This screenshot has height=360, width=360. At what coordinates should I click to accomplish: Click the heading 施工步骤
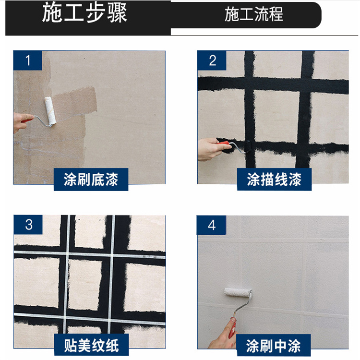pos(84,13)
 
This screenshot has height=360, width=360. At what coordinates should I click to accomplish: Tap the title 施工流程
pos(254,14)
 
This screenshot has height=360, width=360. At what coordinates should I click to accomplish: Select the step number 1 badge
pos(27,60)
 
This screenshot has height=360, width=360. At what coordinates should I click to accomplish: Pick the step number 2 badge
pos(212,60)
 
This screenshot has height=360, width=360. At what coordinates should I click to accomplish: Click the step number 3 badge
pos(28,225)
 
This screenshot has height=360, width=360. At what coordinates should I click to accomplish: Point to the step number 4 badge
pos(211,225)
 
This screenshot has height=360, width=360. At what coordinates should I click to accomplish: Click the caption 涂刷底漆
pos(91,180)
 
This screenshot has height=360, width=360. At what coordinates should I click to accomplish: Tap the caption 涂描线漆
pos(274,180)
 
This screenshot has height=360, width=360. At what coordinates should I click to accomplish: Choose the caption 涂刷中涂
pos(273,346)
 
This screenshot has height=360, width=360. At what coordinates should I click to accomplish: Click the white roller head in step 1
pos(50,111)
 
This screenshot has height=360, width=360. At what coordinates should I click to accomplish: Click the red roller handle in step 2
pos(224,144)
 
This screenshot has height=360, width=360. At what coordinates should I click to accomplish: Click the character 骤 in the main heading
pos(117,13)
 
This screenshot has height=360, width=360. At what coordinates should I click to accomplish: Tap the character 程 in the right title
pos(276,14)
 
